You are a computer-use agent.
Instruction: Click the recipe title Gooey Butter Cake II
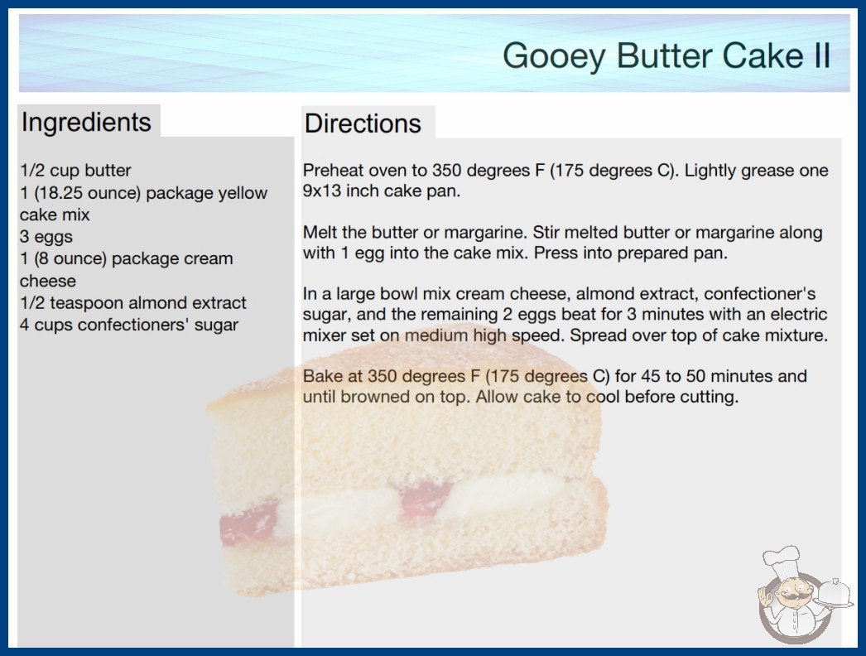tap(666, 55)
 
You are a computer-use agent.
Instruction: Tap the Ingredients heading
tap(86, 122)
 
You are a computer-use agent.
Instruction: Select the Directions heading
tap(363, 123)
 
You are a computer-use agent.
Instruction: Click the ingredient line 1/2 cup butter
tap(75, 171)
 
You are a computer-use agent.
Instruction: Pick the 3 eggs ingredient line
tap(46, 237)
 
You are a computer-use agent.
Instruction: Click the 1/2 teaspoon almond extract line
tap(133, 303)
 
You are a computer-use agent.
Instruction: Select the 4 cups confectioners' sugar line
tap(129, 325)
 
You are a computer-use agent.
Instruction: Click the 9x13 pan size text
tap(324, 191)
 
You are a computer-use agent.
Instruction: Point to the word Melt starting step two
tap(320, 232)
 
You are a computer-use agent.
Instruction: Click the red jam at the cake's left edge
tap(248, 523)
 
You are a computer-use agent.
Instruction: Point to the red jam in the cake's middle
tap(426, 499)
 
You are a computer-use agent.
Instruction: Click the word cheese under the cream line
tap(48, 281)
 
